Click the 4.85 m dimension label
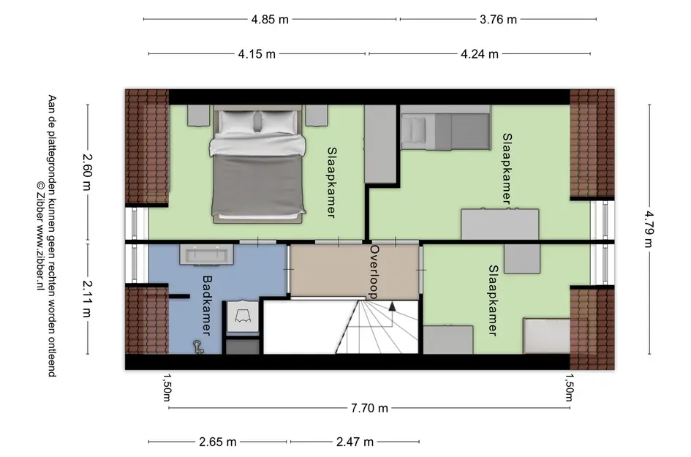click(x=270, y=20)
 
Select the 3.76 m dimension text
click(x=498, y=20)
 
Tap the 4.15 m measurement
click(x=257, y=54)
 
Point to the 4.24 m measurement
click(x=480, y=54)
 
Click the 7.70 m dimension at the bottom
click(x=369, y=408)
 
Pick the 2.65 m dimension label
click(x=218, y=442)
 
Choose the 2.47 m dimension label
click(x=355, y=442)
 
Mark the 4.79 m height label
click(x=649, y=229)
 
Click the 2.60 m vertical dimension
click(x=87, y=172)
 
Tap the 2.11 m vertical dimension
click(x=87, y=299)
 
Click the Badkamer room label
click(x=207, y=305)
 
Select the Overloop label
click(x=374, y=272)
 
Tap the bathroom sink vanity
click(x=206, y=254)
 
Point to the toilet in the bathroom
click(x=241, y=317)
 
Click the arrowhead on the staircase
click(x=392, y=306)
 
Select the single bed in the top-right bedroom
click(x=445, y=127)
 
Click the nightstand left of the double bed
click(x=198, y=116)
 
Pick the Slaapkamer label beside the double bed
click(x=332, y=183)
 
